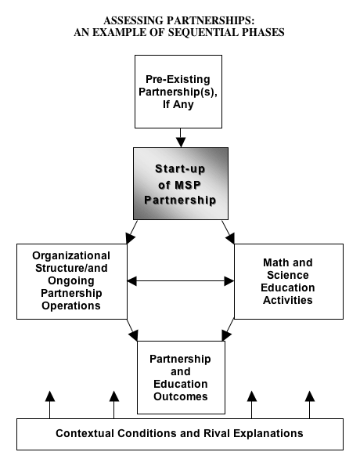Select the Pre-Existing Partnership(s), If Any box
pos(178,92)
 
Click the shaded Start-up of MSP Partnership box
pos(181,183)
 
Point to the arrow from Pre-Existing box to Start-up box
pos(181,138)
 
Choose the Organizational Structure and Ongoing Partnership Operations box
pos(72,281)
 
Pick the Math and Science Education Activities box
pos(289,281)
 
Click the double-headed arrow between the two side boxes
pos(181,281)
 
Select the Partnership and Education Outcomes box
pos(181,378)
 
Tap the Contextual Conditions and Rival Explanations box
pos(180,434)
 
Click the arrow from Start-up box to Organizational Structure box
pos(131,232)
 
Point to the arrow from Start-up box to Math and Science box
pos(229,232)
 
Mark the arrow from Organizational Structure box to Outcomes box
pos(132,330)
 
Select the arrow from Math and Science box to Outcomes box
pos(229,330)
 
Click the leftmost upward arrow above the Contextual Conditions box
pos(50,405)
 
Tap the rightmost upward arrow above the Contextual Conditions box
pos(310,405)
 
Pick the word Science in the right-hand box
pos(288,275)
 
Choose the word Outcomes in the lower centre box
pos(181,396)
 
